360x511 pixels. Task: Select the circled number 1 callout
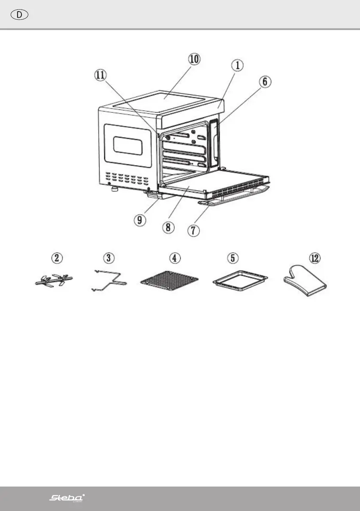pos(238,66)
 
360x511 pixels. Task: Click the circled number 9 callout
pos(139,220)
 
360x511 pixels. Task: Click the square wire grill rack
pos(170,283)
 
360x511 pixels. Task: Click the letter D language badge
pos(19,15)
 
